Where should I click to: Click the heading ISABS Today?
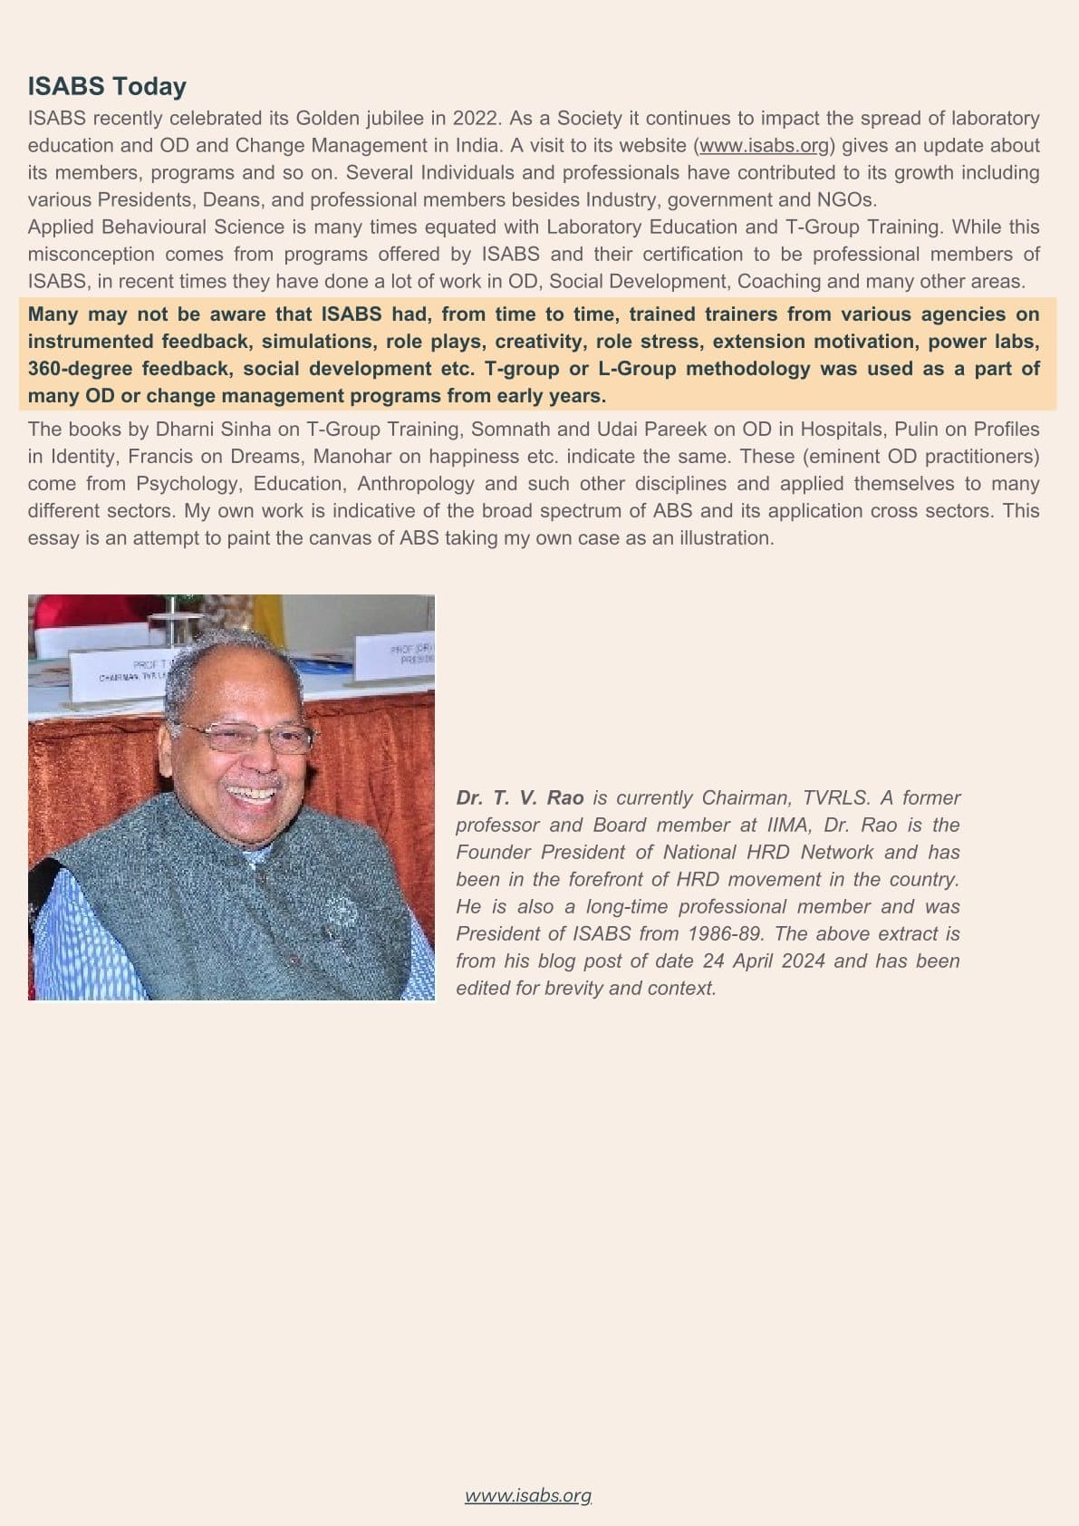coord(107,86)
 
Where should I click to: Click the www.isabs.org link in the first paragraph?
coord(764,145)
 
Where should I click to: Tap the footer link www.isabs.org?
coord(528,1495)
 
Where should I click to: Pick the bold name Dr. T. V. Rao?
coord(520,797)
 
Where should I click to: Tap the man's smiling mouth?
coord(252,795)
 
